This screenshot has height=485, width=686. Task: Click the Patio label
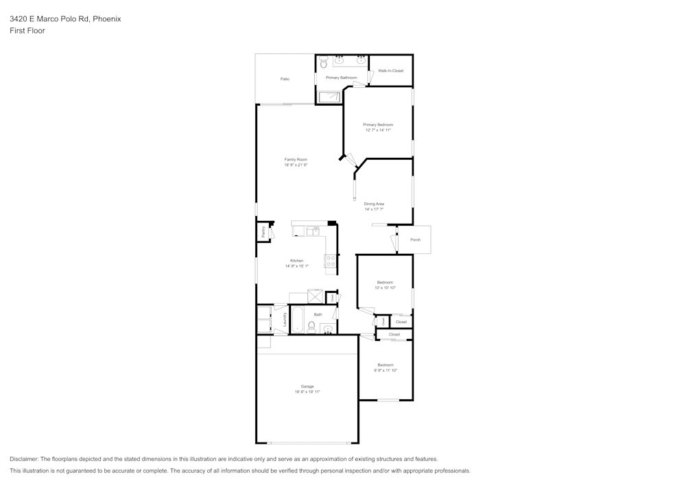[285, 79]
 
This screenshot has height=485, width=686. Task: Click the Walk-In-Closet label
[391, 71]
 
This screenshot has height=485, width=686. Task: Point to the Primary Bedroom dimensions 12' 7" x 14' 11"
[378, 130]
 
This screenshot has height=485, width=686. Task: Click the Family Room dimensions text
[296, 165]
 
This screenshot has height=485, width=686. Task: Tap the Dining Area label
[374, 204]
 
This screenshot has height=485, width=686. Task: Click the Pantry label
[263, 232]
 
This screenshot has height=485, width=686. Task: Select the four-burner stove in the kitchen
[330, 261]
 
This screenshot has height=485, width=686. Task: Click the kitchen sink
[312, 231]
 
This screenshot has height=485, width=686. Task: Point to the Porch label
[415, 240]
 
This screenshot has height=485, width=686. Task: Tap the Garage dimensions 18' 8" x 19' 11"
[307, 392]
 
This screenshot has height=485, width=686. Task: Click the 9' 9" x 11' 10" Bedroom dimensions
[386, 370]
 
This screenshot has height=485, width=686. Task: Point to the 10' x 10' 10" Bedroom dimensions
[385, 287]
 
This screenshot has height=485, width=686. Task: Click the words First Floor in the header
[27, 31]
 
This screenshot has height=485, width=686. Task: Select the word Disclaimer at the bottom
[24, 459]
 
